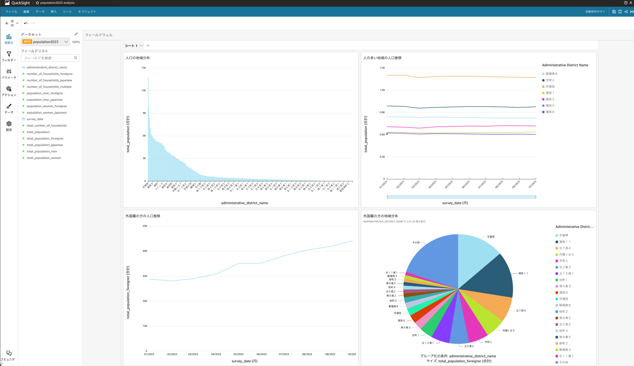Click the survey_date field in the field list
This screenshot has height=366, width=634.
[x=35, y=119]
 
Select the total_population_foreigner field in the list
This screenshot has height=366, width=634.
[x=45, y=139]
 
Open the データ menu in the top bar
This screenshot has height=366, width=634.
[x=40, y=12]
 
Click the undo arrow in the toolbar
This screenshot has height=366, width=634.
[x=26, y=23]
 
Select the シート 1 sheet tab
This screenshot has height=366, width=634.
[x=131, y=46]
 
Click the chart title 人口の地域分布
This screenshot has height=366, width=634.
[x=138, y=58]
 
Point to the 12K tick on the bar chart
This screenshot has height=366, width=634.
[x=144, y=90]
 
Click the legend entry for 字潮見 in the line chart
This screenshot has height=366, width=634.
[x=550, y=87]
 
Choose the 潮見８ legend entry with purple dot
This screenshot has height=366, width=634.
[x=550, y=112]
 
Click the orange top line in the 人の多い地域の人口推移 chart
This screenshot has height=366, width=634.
[x=454, y=76]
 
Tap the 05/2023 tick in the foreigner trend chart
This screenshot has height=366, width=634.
[x=238, y=354]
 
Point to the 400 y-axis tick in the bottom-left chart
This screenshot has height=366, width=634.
[x=145, y=251]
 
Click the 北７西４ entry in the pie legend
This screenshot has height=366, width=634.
[x=565, y=248]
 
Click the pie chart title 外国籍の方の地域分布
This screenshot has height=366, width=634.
[x=381, y=216]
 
